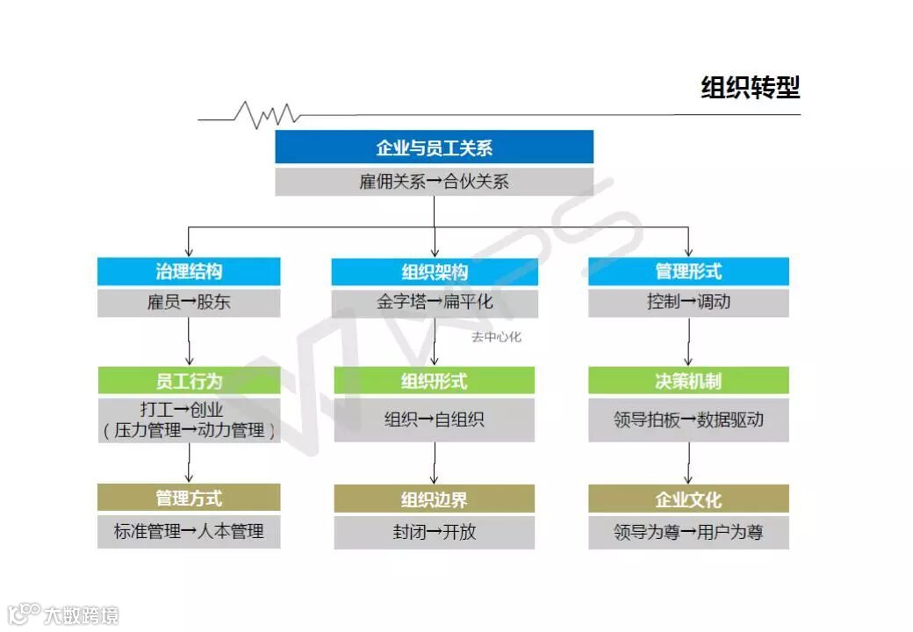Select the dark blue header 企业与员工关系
point(434,147)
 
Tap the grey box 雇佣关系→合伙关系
point(434,183)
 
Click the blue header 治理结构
point(189,271)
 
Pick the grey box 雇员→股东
point(189,303)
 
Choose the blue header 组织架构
point(434,271)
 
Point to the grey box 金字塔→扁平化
point(434,303)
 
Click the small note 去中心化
point(496,337)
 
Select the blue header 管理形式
point(688,271)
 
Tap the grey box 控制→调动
point(688,303)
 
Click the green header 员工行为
point(189,381)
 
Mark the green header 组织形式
point(434,381)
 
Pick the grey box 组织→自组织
point(434,420)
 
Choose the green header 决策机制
point(688,381)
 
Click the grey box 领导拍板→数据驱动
point(688,420)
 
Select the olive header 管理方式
point(189,498)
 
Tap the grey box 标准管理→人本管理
point(189,532)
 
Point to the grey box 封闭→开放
point(434,532)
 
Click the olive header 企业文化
point(688,499)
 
